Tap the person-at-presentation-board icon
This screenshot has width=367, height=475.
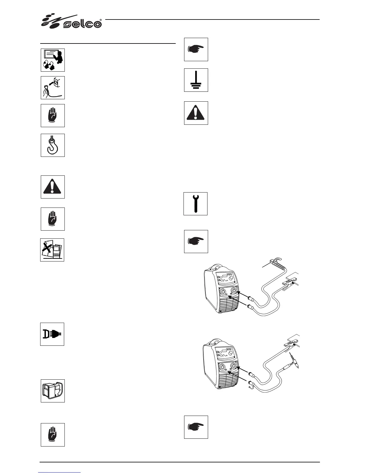(x=53, y=60)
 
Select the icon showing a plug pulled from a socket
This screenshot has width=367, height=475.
(x=53, y=88)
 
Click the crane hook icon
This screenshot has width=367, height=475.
(x=53, y=145)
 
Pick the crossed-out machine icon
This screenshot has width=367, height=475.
(x=52, y=250)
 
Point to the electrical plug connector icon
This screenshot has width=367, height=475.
(x=52, y=334)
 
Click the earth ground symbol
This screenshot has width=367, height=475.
(x=196, y=80)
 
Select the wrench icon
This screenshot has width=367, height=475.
(x=195, y=204)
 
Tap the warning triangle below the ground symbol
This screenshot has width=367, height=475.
(x=196, y=113)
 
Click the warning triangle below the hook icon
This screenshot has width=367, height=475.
(x=53, y=187)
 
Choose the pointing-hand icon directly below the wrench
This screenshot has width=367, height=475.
(x=196, y=241)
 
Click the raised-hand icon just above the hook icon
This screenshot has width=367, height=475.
(x=53, y=115)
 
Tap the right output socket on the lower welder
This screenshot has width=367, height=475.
(x=234, y=366)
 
